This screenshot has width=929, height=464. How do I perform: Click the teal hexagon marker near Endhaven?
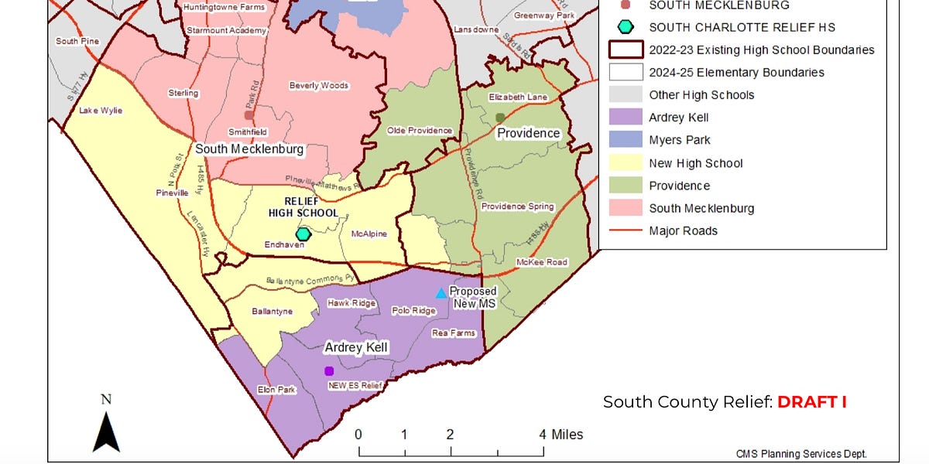[303, 234]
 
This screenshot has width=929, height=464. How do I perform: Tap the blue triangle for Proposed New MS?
[441, 293]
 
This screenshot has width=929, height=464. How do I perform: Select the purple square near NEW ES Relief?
[329, 371]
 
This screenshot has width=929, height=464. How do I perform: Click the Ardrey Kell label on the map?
[355, 348]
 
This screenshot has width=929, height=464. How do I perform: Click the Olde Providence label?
[420, 131]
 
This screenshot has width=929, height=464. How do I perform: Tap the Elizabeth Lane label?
[518, 97]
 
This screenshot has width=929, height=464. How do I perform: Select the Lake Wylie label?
[101, 111]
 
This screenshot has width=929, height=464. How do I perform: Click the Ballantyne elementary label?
[272, 312]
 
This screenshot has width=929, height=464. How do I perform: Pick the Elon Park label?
[276, 391]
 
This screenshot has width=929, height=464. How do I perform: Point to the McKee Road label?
[542, 262]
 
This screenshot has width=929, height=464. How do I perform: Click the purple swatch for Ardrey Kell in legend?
[626, 118]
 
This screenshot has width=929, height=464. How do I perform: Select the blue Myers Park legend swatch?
[626, 140]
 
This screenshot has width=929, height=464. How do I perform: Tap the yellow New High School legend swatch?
[626, 163]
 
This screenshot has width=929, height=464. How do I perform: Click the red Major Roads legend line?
[626, 230]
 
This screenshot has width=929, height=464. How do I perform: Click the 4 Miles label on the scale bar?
[562, 435]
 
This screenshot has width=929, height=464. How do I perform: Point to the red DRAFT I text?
[812, 402]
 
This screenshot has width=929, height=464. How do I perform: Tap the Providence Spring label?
[518, 206]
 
